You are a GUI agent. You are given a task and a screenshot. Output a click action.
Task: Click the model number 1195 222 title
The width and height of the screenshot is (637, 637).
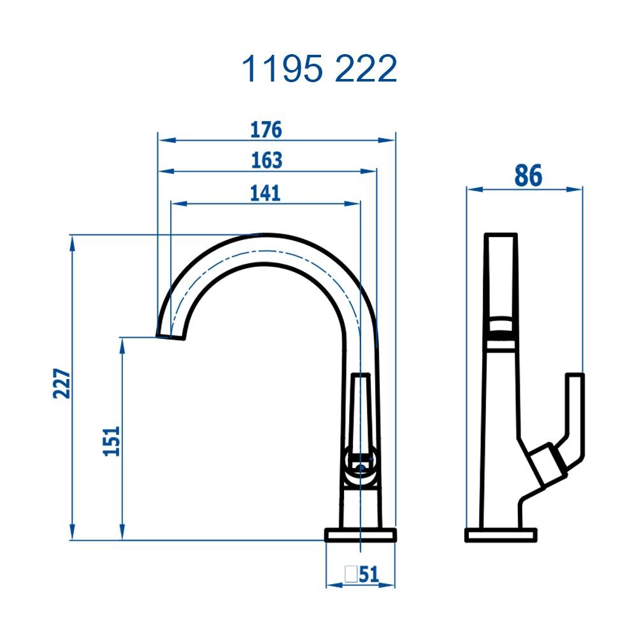click(318, 69)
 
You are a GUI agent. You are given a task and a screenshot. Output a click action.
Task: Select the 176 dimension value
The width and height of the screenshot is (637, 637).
click(266, 129)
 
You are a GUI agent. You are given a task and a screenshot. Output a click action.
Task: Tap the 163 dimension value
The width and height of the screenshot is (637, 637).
click(266, 161)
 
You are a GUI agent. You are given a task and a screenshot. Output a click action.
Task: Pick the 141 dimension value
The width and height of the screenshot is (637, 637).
click(265, 192)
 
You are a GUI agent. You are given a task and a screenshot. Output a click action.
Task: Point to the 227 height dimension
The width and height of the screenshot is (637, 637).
click(61, 383)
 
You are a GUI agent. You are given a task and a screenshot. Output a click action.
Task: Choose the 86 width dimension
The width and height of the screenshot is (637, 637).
click(527, 176)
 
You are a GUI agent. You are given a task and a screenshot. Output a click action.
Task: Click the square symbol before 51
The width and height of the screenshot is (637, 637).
click(350, 575)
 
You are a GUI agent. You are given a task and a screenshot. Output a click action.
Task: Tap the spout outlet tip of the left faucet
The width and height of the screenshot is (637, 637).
click(171, 336)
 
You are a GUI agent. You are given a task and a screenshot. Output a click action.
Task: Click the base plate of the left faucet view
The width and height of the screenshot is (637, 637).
click(361, 535)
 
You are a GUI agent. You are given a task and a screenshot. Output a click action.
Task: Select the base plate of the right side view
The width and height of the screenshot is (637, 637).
click(501, 535)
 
